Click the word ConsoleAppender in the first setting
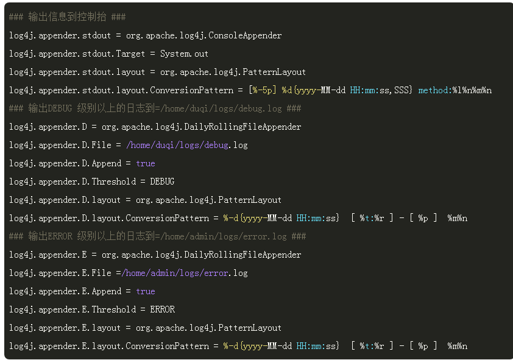pyautogui.click(x=245, y=35)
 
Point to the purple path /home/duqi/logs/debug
pyautogui.click(x=177, y=145)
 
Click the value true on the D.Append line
pyautogui.click(x=146, y=163)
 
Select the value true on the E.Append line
pyautogui.click(x=146, y=291)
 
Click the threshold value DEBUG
pyautogui.click(x=162, y=182)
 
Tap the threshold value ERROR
pyautogui.click(x=162, y=309)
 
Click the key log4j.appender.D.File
pyautogui.click(x=60, y=145)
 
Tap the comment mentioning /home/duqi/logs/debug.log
pyautogui.click(x=155, y=108)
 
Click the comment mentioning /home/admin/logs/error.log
pyautogui.click(x=158, y=236)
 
